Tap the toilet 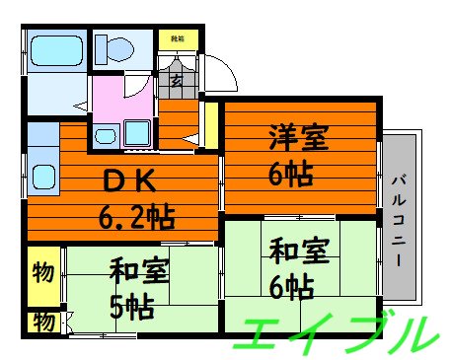point(117,46)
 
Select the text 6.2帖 point(136,214)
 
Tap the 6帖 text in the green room point(291,287)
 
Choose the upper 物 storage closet point(42,270)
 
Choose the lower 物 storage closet point(43,321)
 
